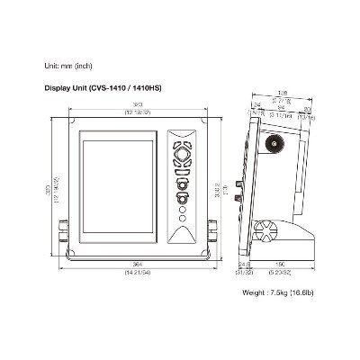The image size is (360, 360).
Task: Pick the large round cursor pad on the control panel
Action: pos(182,154)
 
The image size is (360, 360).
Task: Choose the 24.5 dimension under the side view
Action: pos(244,265)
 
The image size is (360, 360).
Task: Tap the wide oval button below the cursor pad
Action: pos(182,172)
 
